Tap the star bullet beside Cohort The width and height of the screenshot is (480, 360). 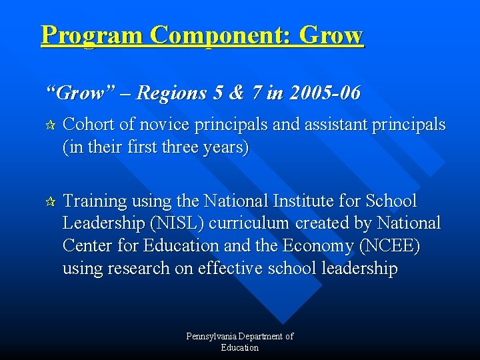pos(49,125)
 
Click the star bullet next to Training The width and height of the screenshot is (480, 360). pos(49,201)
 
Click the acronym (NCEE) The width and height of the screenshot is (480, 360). pos(390,246)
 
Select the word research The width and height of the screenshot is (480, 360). pos(147,269)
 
